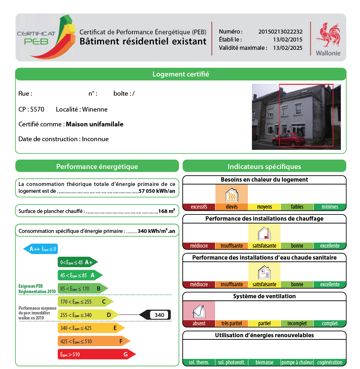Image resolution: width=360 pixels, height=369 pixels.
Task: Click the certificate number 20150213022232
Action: [x=280, y=32]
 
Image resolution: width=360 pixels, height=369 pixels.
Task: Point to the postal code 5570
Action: [x=38, y=109]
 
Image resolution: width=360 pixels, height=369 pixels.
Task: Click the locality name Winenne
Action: [x=95, y=109]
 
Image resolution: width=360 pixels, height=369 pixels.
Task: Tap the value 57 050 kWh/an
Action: [x=157, y=191]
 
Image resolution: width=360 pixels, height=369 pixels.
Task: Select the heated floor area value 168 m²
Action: [x=167, y=211]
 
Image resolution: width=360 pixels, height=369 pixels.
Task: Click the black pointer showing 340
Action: [x=155, y=315]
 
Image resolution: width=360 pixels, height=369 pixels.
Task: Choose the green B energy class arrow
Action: [x=83, y=288]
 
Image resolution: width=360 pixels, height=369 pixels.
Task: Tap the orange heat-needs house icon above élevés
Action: [x=231, y=195]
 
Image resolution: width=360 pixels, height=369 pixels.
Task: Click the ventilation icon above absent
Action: [x=199, y=311]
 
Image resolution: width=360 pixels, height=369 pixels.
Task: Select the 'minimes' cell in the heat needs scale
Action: [x=330, y=207]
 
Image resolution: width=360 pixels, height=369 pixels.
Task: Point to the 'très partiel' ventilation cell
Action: [x=231, y=324]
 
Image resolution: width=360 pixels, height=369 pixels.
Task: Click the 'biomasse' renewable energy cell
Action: [x=264, y=362]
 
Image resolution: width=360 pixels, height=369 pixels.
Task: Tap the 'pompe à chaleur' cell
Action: [x=297, y=362]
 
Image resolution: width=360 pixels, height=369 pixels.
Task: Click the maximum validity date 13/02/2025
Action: [x=288, y=48]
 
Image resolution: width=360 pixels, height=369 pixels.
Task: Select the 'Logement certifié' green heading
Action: [x=181, y=74]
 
